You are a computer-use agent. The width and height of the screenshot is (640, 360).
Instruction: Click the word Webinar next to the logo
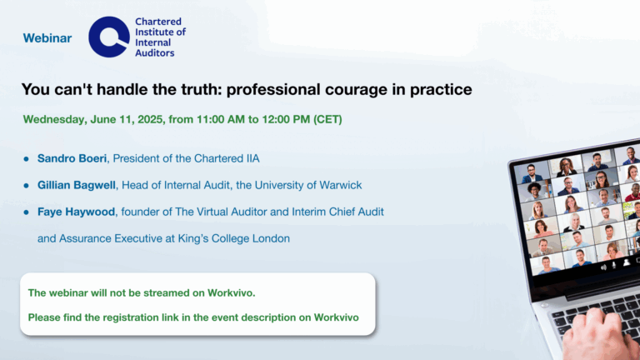[47, 38]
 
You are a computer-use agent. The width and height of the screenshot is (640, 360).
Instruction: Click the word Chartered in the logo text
[158, 22]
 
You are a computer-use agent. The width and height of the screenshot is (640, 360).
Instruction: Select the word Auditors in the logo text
[155, 53]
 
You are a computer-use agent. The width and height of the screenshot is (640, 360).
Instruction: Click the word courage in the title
[356, 90]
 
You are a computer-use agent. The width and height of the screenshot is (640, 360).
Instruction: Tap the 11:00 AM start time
[221, 119]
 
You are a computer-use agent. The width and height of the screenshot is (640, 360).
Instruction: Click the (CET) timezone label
[327, 119]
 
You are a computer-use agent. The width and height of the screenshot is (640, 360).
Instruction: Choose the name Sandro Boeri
[72, 158]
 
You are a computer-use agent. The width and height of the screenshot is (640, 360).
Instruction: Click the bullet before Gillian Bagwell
[27, 186]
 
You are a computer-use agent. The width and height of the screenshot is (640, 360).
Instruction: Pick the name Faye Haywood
[76, 212]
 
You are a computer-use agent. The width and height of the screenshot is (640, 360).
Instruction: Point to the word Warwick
[340, 185]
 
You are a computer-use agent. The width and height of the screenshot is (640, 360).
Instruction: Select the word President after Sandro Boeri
[136, 158]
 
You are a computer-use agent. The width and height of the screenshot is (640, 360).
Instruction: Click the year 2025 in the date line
[151, 119]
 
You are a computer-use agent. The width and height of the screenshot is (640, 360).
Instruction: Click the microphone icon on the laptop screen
[614, 265]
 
